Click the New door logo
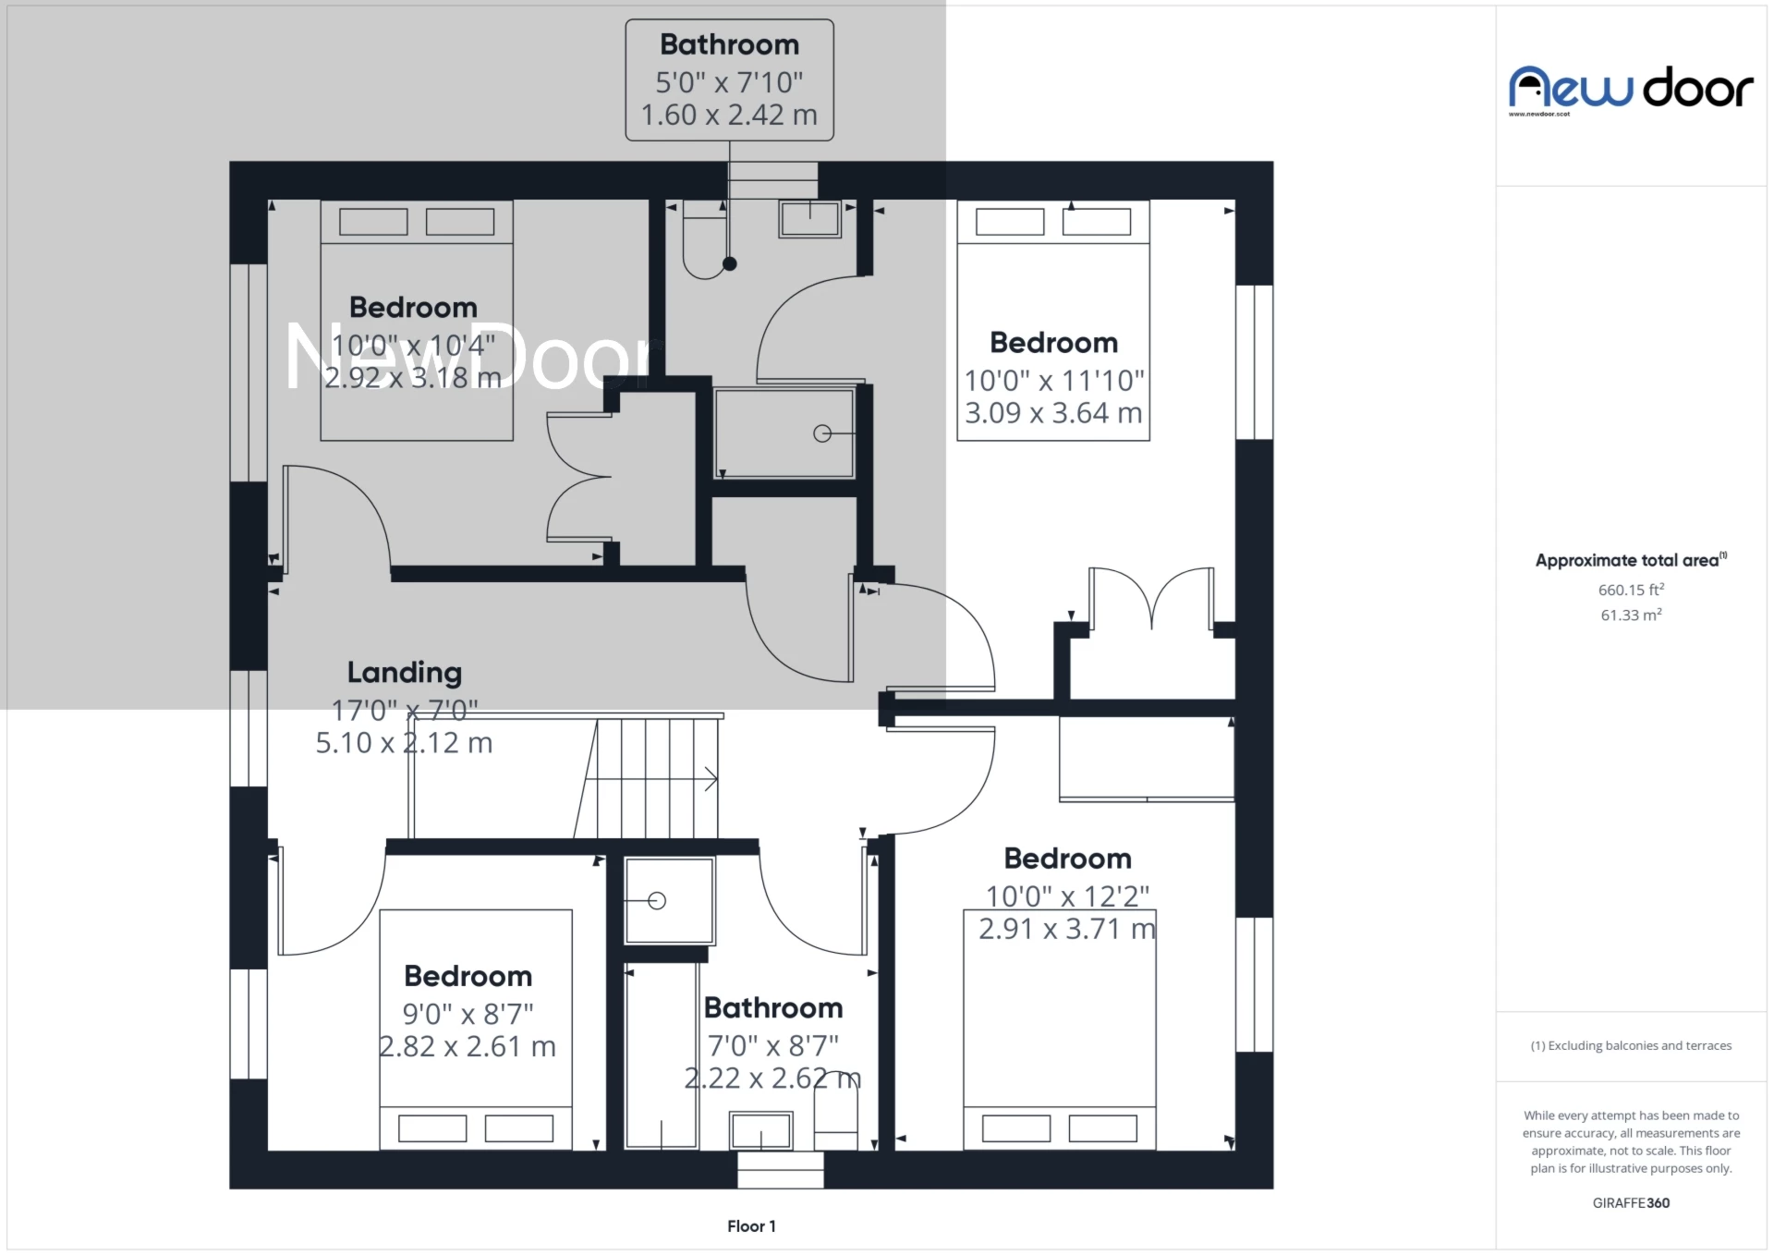pos(1631,89)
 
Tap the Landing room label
pos(404,673)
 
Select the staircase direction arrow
pos(710,779)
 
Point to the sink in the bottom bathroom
pos(760,1130)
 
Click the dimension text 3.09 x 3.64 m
pos(1053,413)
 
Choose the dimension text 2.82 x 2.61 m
pos(468,1046)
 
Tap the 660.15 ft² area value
pos(1631,590)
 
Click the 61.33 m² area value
pos(1631,615)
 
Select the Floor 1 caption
pos(751,1226)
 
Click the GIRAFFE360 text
pos(1631,1202)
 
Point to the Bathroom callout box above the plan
pos(729,80)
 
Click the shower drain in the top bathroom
pos(821,433)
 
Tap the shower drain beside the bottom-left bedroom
pos(657,901)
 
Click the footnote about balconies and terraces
pos(1631,1045)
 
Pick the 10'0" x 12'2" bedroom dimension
pos(1067,896)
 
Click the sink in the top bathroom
pos(809,220)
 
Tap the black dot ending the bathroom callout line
pos(729,264)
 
